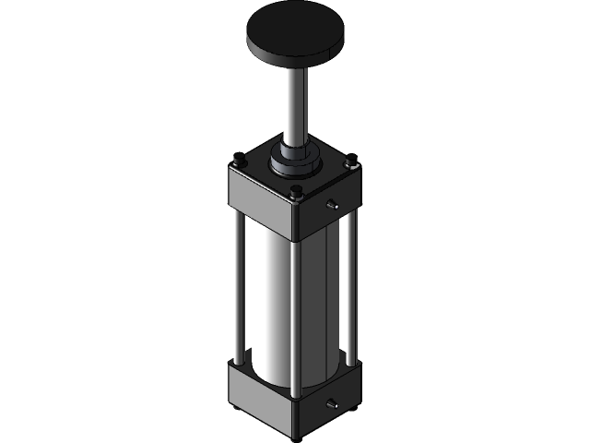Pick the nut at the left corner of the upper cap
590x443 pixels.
pos(238,164)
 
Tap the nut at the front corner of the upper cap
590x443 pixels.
pos(296,193)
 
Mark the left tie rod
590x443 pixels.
pos(240,286)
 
